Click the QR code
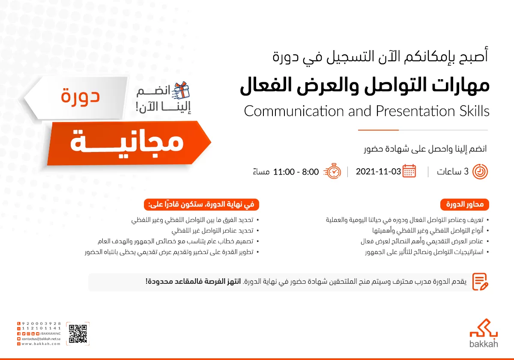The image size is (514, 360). (x=78, y=334)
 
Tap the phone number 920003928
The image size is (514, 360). (x=41, y=323)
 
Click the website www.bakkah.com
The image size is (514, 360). (x=41, y=343)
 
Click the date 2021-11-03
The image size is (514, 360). (x=378, y=172)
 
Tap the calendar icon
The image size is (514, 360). (x=409, y=171)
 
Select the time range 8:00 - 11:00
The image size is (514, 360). (x=296, y=172)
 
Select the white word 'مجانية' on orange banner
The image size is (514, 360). (x=127, y=142)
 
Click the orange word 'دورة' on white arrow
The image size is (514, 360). (x=80, y=95)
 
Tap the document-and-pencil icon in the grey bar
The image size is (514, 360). (x=480, y=281)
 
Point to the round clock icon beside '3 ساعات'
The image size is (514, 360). (x=480, y=172)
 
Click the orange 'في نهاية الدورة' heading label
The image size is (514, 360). (x=201, y=205)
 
